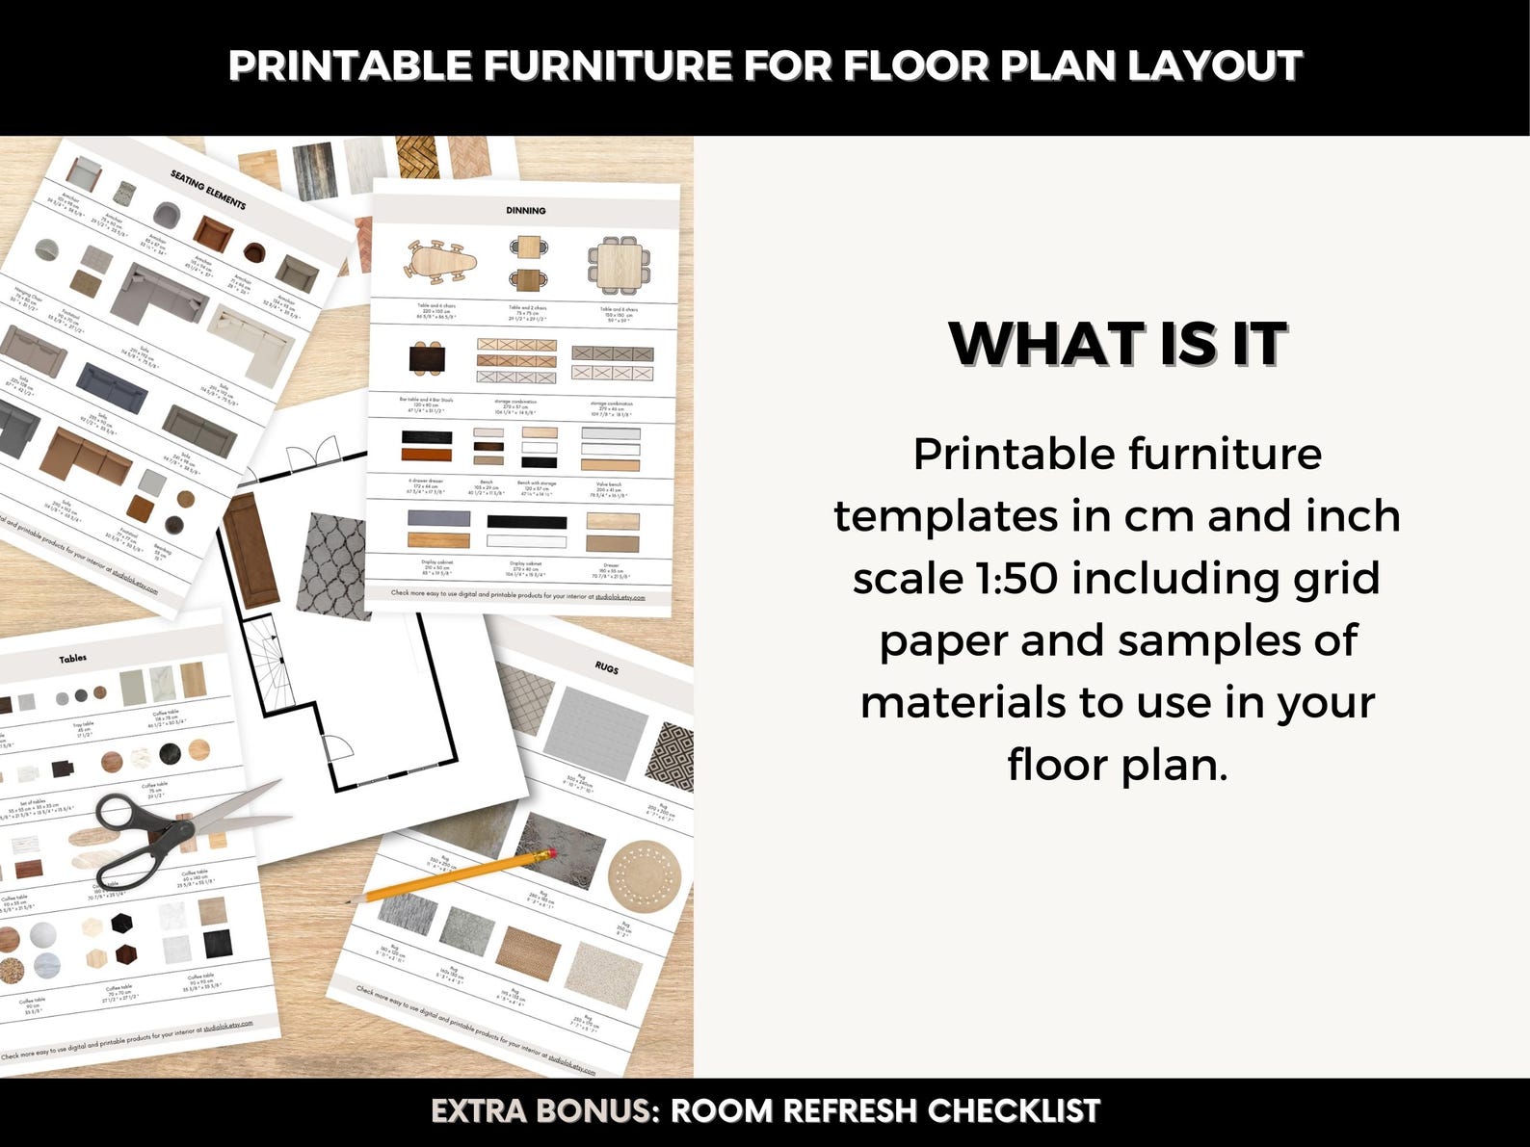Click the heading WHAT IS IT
click(1118, 344)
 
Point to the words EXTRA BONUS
click(541, 1110)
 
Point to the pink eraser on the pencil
click(552, 852)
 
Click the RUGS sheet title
click(606, 667)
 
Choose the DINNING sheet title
click(525, 210)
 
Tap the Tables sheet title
click(72, 658)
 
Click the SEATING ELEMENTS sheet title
click(207, 190)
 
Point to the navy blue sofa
click(112, 389)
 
